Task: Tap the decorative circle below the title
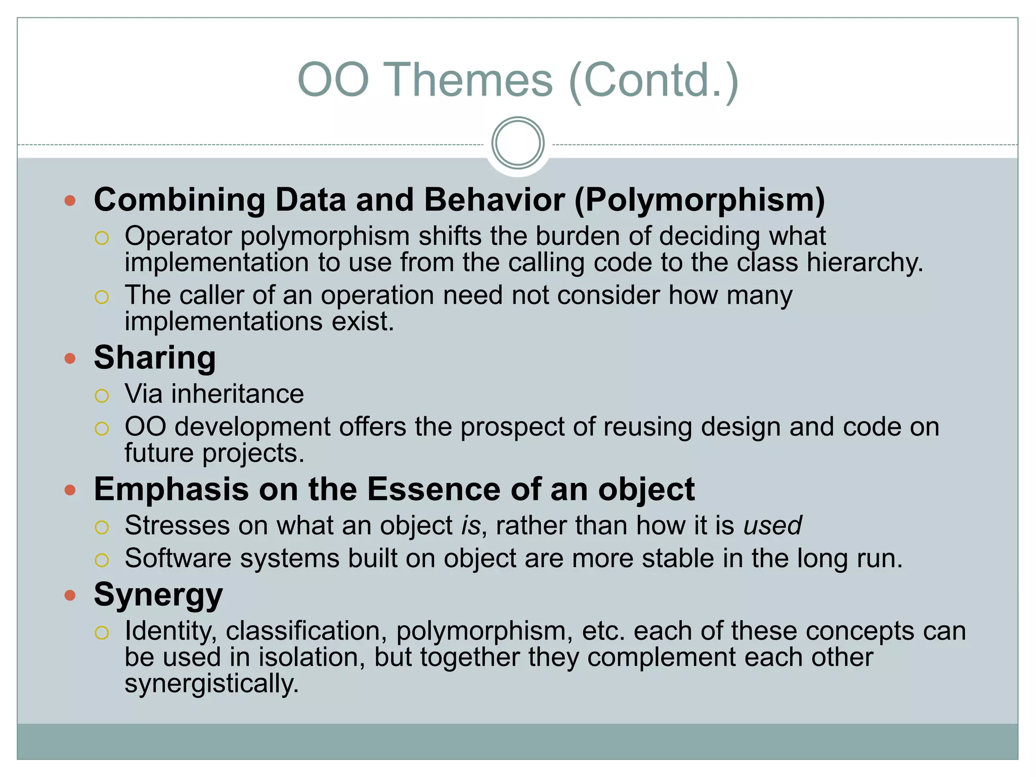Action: click(x=517, y=143)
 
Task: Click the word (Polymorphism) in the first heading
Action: click(x=700, y=200)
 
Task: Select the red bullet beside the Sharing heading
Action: click(x=70, y=359)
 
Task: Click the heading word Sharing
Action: click(x=155, y=358)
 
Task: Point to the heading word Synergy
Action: click(x=158, y=595)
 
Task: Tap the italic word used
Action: click(x=772, y=526)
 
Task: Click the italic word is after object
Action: click(x=470, y=526)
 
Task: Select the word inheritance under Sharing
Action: click(x=237, y=394)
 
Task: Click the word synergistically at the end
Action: click(x=211, y=684)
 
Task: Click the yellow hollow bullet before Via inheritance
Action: click(x=102, y=396)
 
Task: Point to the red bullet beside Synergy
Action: click(x=70, y=595)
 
